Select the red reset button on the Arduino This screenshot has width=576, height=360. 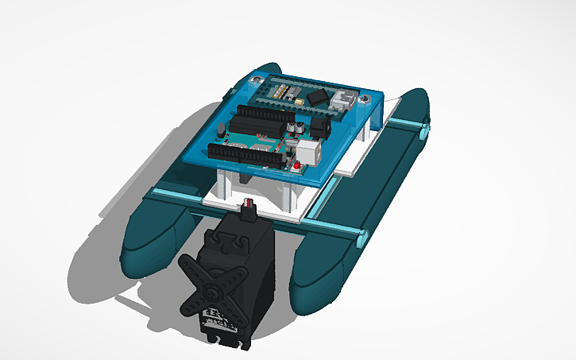pyautogui.click(x=297, y=167)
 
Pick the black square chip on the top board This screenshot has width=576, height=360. pyautogui.click(x=318, y=97)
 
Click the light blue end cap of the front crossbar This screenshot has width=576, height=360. pyautogui.click(x=363, y=236)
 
